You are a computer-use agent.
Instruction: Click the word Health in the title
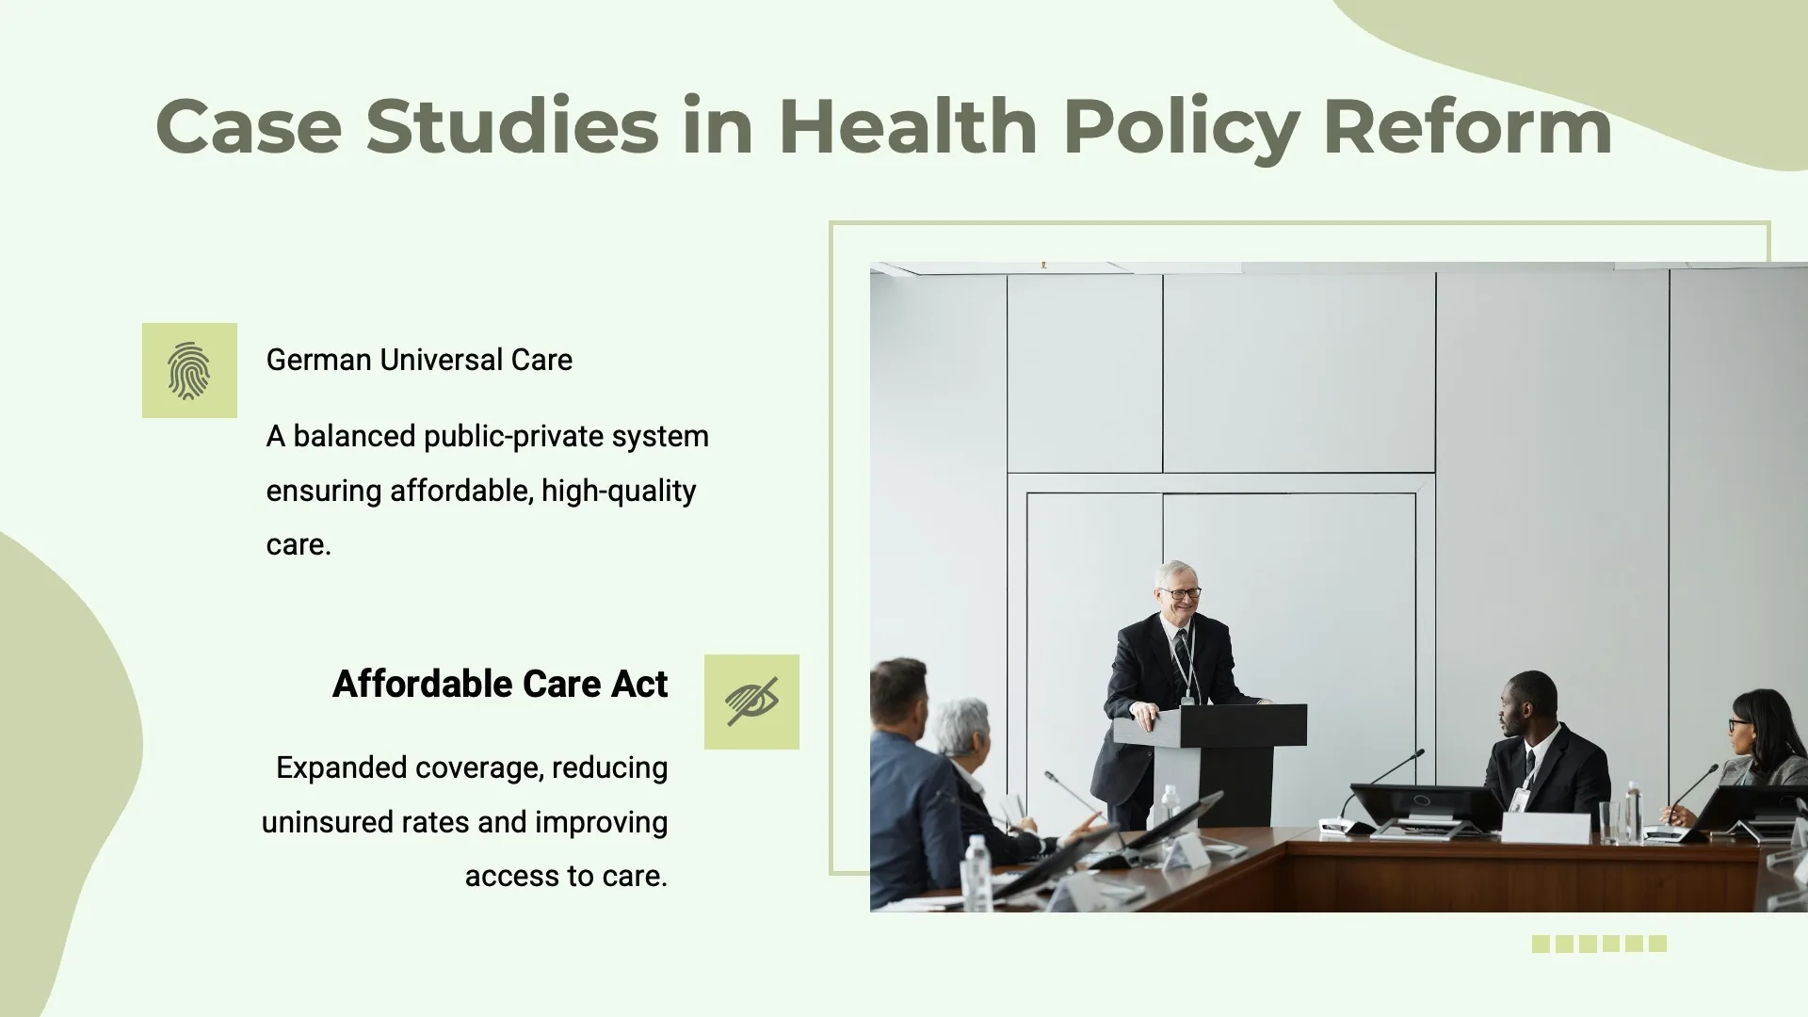908,126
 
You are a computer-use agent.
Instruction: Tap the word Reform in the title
1467,126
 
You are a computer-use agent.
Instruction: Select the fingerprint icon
189,370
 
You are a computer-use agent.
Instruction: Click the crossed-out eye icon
751,702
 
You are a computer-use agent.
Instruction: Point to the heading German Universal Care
419,360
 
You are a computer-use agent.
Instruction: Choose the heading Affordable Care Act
500,684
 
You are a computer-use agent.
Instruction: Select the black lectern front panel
1243,725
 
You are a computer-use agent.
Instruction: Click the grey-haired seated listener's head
962,731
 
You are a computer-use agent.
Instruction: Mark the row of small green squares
1599,944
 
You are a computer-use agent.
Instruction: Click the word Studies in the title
512,126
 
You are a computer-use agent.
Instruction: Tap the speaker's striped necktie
1184,659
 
